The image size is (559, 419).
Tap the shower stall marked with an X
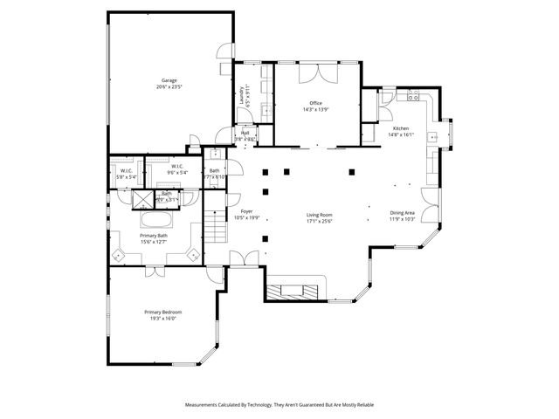pos(141,198)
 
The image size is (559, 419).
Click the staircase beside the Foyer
pos(214,230)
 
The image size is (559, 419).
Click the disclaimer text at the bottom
pos(279,404)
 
